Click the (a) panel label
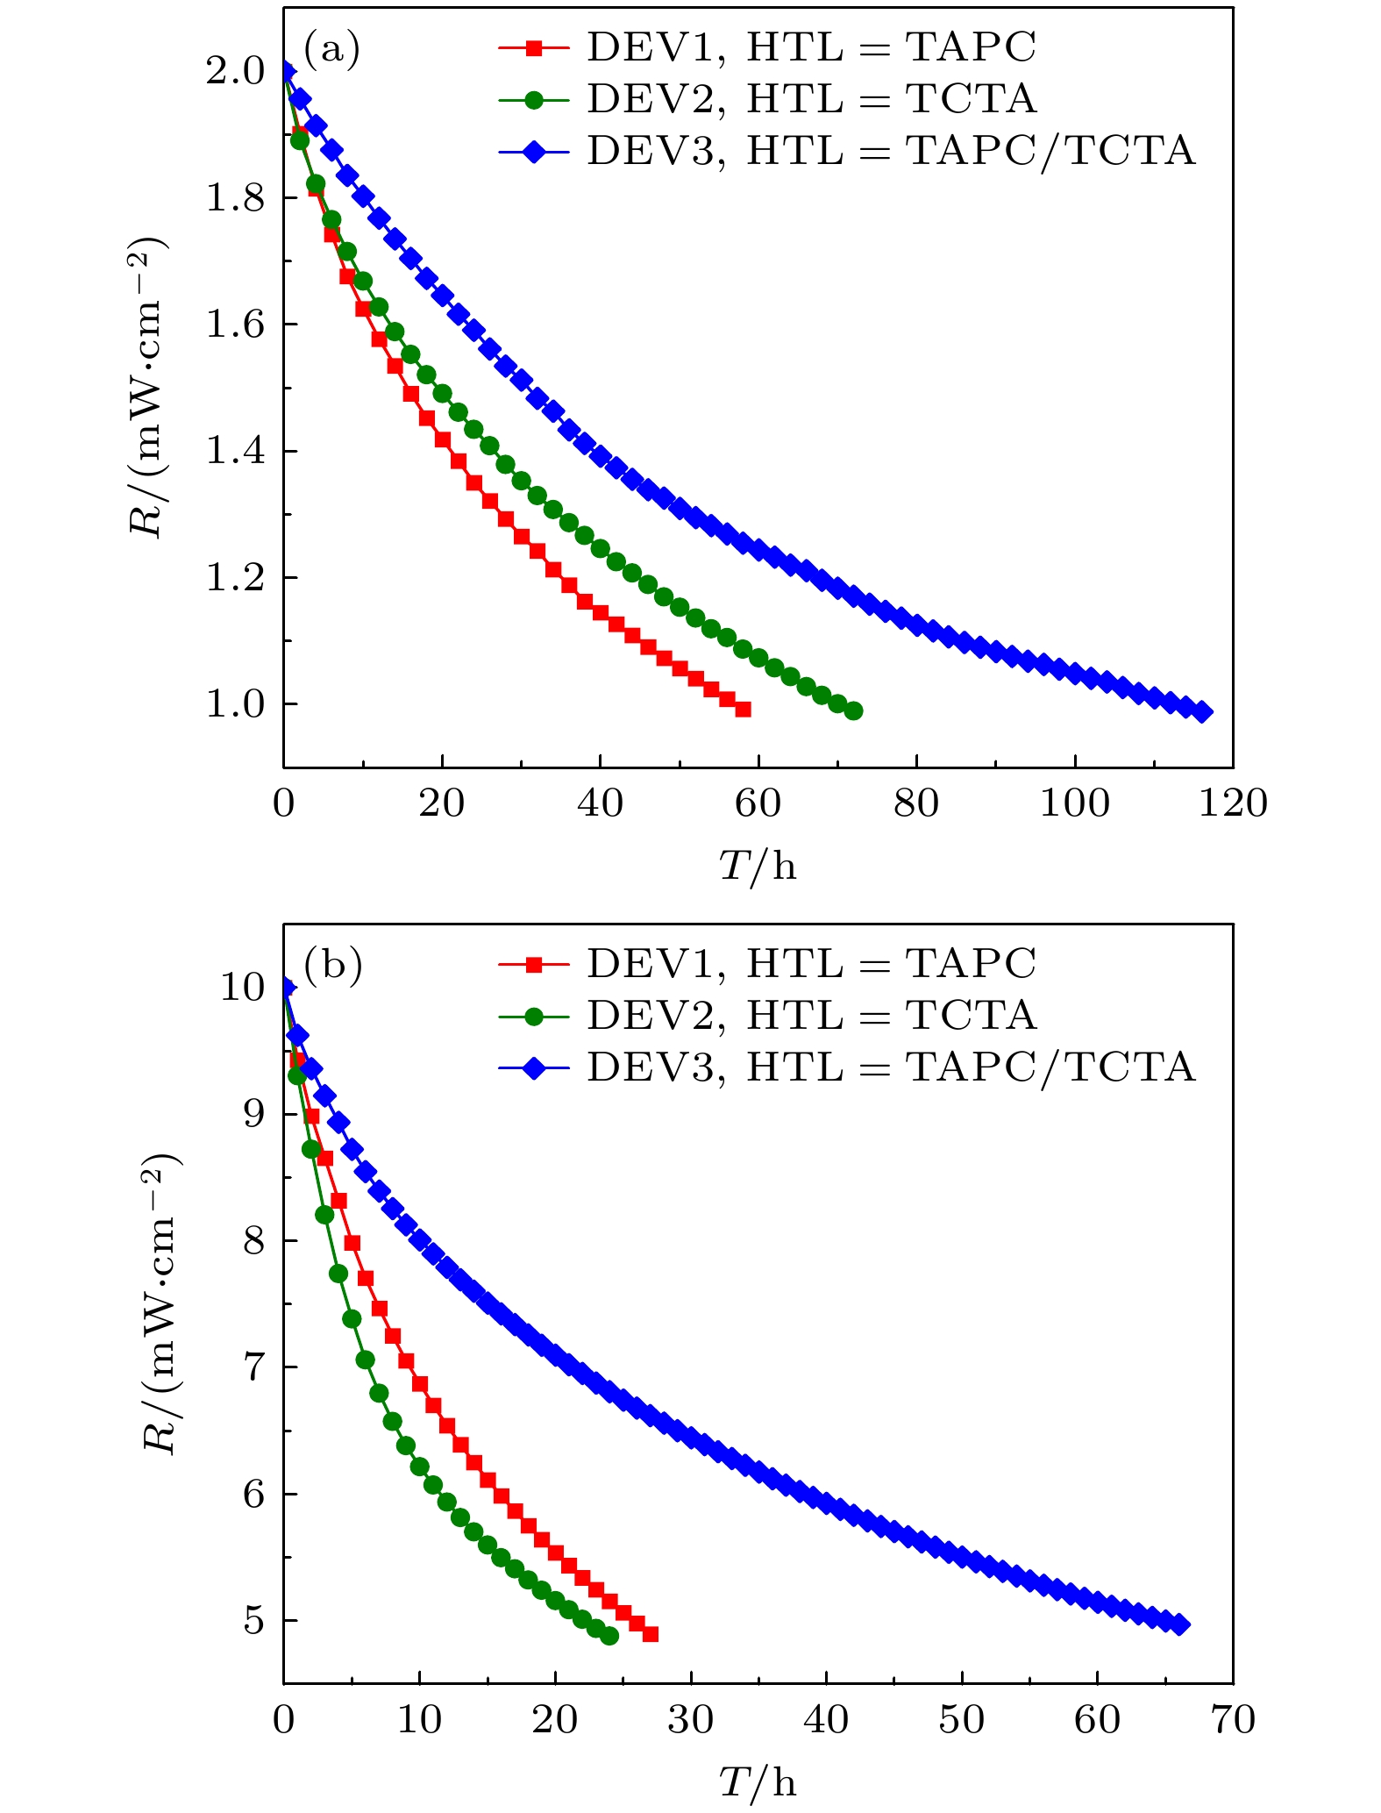(x=331, y=50)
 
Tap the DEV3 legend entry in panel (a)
(x=846, y=151)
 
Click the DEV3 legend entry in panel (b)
(x=846, y=1067)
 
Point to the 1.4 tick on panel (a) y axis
(x=234, y=452)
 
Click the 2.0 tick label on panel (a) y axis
(x=234, y=72)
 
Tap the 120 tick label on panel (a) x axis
(x=1232, y=803)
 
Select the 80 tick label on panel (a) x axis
(x=915, y=803)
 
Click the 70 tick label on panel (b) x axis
(x=1232, y=1720)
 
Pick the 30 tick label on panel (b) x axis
(x=690, y=1720)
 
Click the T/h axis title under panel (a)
(x=758, y=867)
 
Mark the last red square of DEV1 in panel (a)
(x=743, y=709)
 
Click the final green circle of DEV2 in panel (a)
(x=853, y=710)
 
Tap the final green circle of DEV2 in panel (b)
(x=610, y=1636)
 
